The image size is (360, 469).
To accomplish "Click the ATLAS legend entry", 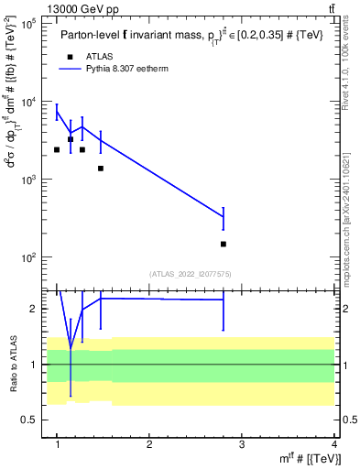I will tap(100, 56).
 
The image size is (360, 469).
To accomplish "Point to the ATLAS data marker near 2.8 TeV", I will tap(224, 244).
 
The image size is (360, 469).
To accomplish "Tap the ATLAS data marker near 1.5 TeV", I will tap(101, 169).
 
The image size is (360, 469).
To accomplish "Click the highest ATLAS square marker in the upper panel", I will tap(71, 139).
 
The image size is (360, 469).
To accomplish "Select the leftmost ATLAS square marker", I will tap(57, 149).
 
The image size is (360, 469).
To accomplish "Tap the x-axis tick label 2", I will tap(149, 443).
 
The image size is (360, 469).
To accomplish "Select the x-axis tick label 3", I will tap(242, 443).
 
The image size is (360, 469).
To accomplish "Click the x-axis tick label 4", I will tap(334, 443).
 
